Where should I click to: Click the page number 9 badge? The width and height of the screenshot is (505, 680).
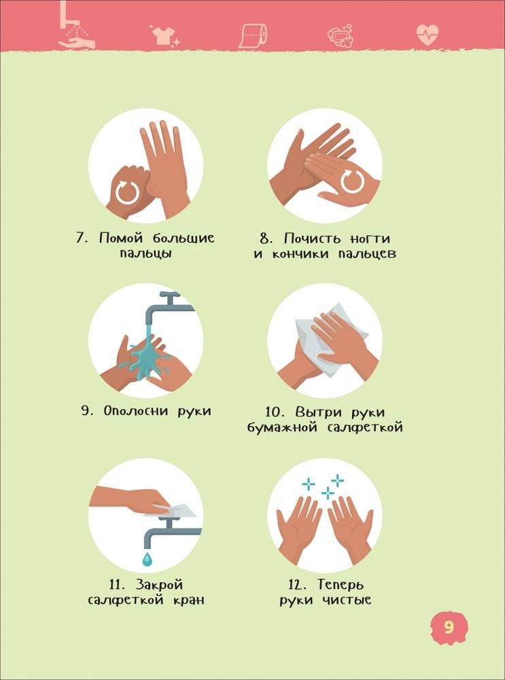point(448,626)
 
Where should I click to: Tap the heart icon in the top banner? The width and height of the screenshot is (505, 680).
point(428,34)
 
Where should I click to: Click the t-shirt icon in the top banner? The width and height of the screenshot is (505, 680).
point(163,35)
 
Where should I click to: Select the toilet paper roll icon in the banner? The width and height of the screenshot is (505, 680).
point(253,34)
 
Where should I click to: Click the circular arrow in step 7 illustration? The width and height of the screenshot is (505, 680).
point(127,192)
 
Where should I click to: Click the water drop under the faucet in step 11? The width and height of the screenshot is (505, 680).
point(147,558)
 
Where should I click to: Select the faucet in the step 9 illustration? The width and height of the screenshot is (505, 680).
point(170,305)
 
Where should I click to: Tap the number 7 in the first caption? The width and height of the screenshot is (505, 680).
point(80,238)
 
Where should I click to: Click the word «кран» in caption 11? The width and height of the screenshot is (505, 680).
point(188,600)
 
